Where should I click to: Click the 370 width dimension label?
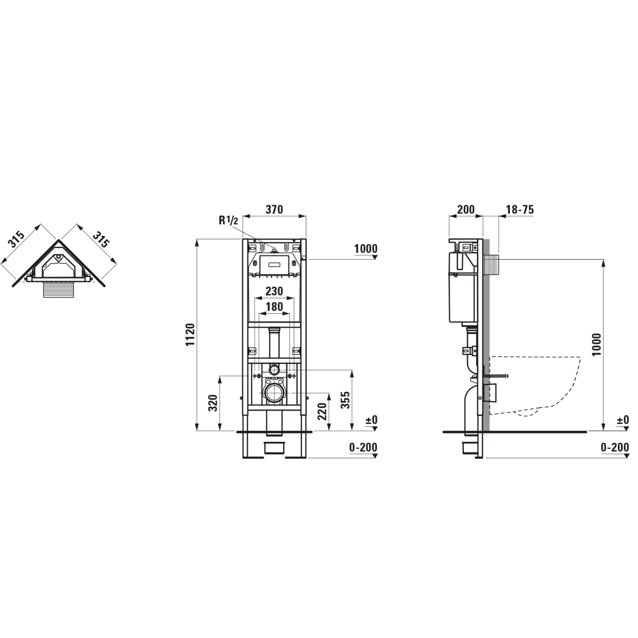pos(274,209)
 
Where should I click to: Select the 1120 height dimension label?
pos(190,335)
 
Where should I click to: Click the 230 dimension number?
pos(274,291)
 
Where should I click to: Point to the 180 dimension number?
pos(274,307)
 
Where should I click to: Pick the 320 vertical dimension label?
pos(214,403)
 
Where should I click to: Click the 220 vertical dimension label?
pos(322,412)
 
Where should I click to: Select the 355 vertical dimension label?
pos(345,400)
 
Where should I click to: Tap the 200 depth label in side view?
pos(466,209)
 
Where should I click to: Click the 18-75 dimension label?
pos(520,209)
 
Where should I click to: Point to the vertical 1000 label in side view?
pos(597,345)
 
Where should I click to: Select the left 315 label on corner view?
pos(17,240)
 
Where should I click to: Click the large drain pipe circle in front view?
pos(274,393)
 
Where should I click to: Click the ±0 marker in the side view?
pos(622,420)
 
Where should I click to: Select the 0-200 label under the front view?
pos(363,448)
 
